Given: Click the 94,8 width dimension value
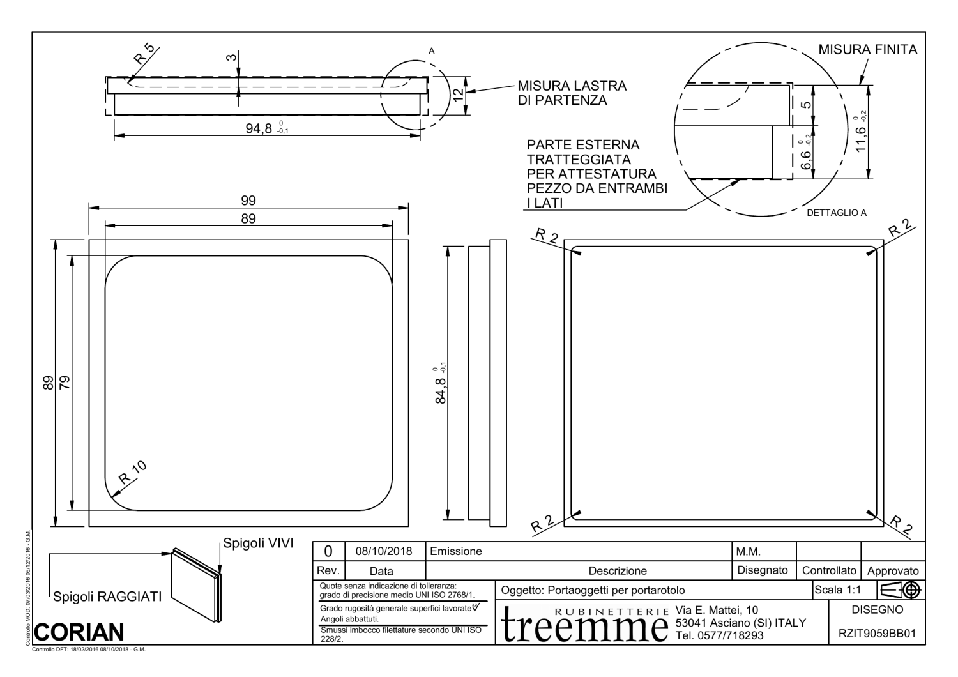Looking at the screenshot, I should pos(259,128).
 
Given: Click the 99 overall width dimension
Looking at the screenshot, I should pos(248,201).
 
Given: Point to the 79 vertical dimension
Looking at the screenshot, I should pos(65,383).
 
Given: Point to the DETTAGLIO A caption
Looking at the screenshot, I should pos(837,213).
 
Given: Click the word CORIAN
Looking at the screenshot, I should pos(79,632).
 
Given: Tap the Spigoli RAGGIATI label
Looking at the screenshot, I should pos(107,598).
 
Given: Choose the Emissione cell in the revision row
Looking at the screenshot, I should pos(457,551).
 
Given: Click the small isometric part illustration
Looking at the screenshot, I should pos(197,584).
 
